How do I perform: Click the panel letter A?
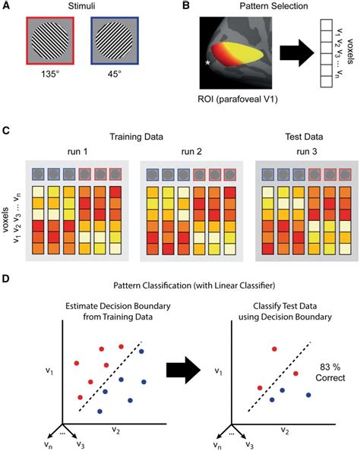(7, 6)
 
